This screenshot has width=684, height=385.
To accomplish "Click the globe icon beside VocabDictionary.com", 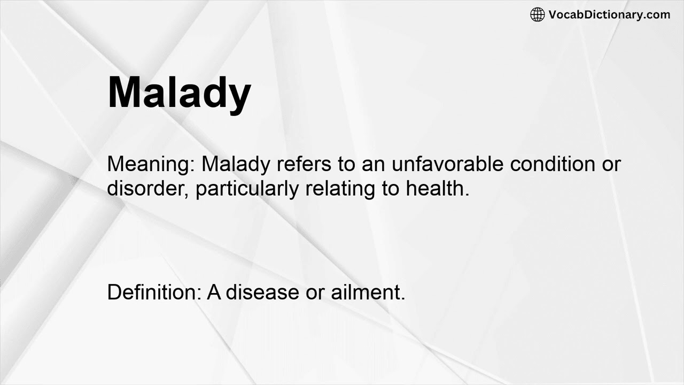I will click(x=537, y=14).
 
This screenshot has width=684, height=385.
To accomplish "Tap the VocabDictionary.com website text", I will click(x=609, y=14).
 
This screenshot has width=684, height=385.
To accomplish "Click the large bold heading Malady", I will click(x=179, y=93).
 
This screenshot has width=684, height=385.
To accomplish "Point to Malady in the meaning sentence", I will click(x=236, y=164).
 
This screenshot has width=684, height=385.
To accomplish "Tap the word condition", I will click(x=552, y=164).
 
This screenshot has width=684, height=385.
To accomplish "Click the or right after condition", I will click(x=611, y=164).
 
